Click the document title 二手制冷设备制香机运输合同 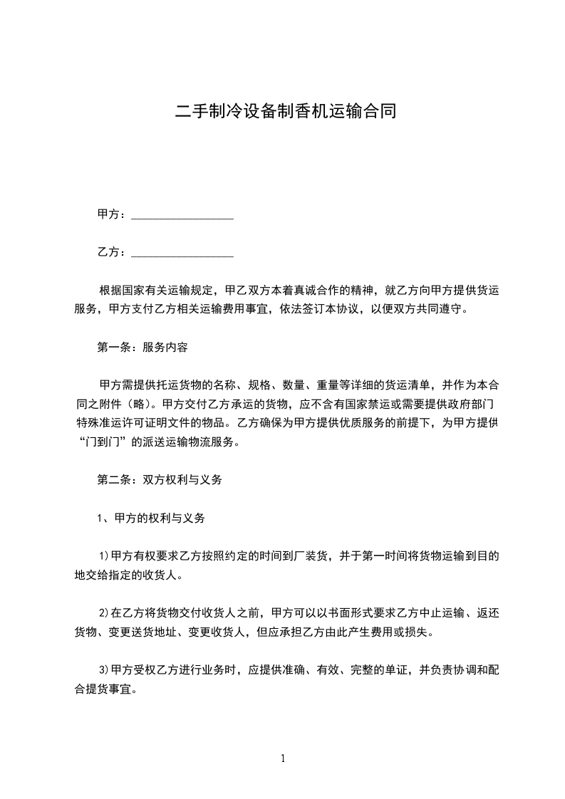(286, 111)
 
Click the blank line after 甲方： (183, 215)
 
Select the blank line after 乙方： (183, 254)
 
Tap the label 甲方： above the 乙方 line (112, 214)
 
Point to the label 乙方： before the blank (112, 253)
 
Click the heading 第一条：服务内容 (142, 349)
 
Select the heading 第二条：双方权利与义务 (160, 480)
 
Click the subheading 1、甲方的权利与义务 (151, 518)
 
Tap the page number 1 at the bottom (283, 759)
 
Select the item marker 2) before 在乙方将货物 (103, 612)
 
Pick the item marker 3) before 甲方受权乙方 (103, 671)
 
